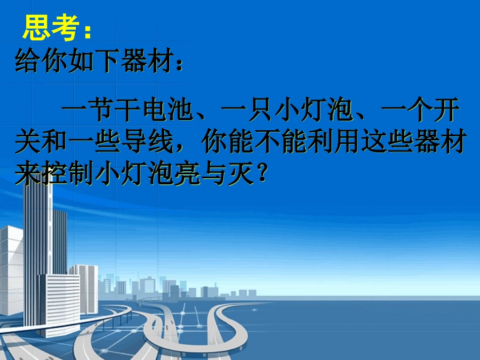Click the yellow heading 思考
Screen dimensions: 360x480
click(50, 29)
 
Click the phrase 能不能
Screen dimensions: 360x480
click(306, 144)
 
